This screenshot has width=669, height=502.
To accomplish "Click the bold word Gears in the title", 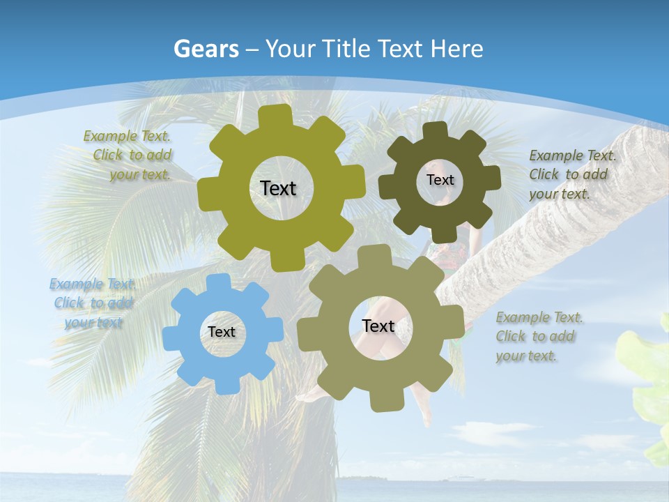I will click(x=206, y=49).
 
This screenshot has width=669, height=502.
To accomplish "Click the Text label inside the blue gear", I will click(x=222, y=333).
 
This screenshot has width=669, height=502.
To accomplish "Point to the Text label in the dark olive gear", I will click(x=440, y=180).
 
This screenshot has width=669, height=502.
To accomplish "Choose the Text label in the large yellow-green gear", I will click(x=278, y=188).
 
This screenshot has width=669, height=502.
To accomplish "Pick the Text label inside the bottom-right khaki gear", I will click(x=378, y=326).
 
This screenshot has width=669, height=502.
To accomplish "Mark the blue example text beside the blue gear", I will click(x=93, y=303).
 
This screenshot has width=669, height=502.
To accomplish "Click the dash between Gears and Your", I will click(x=253, y=49).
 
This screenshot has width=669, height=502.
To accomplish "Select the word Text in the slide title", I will click(x=402, y=49).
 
